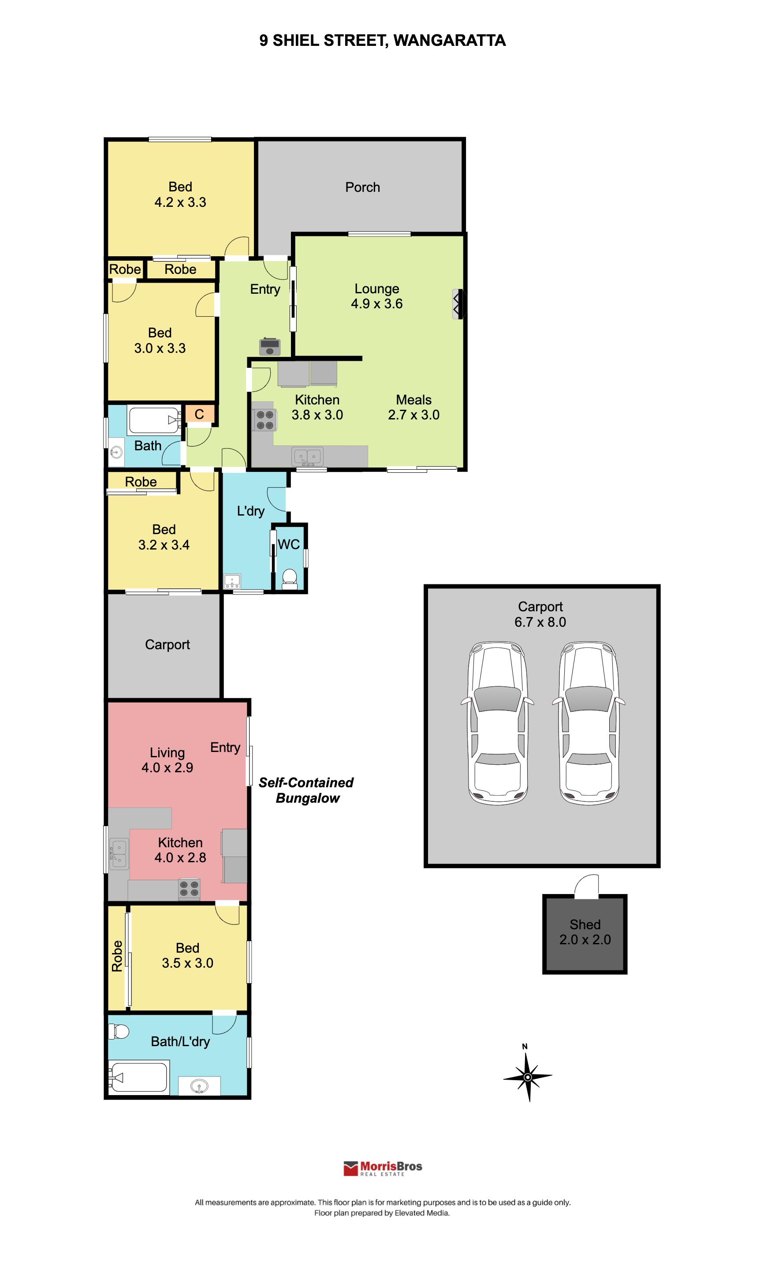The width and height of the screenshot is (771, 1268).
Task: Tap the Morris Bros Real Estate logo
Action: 383,1169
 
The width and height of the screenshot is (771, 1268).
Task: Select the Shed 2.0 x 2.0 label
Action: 585,932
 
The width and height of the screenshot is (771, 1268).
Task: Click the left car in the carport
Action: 497,723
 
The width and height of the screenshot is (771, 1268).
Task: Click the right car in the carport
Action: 588,723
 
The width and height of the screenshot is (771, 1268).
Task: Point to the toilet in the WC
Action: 290,578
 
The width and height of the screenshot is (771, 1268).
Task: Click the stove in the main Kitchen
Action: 264,419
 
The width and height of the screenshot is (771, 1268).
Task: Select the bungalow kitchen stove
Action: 189,889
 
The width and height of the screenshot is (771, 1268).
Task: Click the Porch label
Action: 363,187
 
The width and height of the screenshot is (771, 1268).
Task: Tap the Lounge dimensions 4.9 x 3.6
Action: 376,303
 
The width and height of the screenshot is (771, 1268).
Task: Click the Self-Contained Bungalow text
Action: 306,790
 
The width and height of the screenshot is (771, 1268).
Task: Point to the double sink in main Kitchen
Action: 308,456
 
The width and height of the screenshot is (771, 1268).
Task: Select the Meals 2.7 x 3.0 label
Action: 413,407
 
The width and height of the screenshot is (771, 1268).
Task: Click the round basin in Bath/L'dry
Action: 200,1086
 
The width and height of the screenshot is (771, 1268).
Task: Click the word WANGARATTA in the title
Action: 450,41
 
